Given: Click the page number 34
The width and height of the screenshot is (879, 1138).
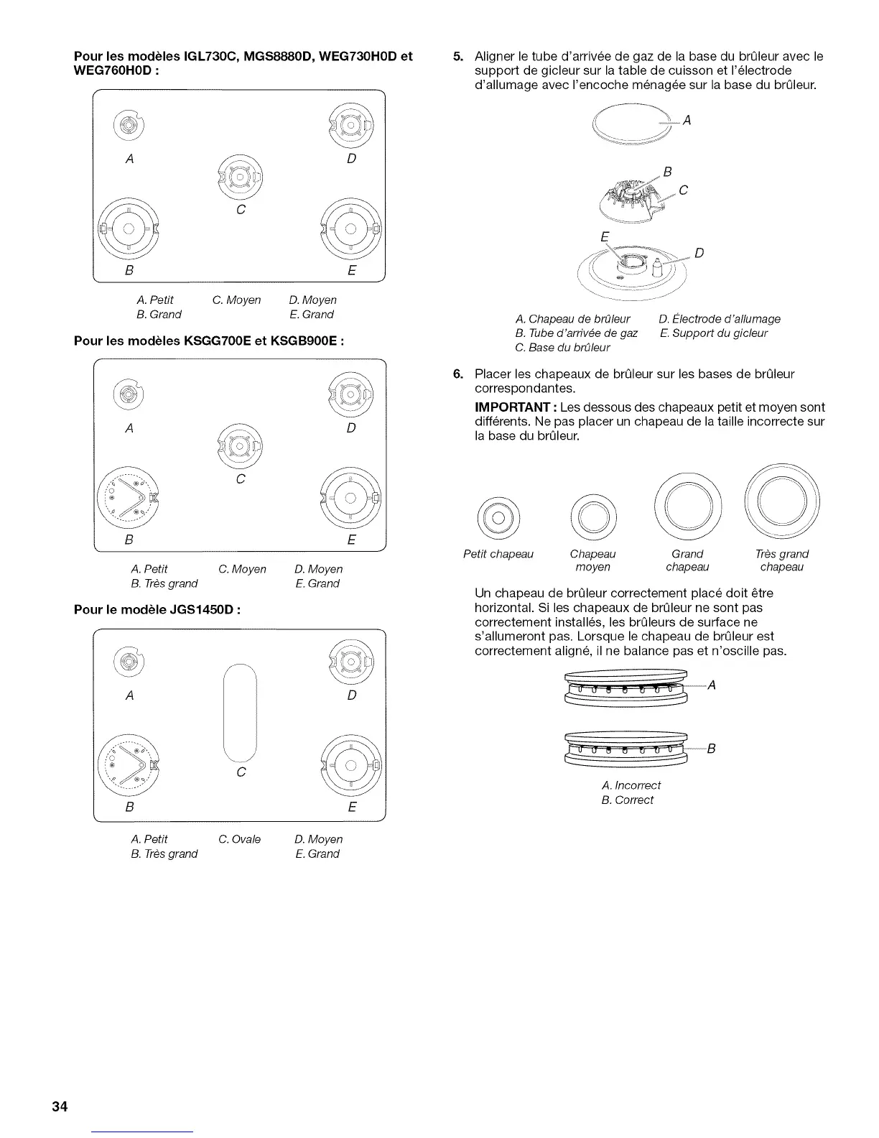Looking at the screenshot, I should (60, 1106).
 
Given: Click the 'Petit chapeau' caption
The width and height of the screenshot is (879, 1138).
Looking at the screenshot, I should (498, 554).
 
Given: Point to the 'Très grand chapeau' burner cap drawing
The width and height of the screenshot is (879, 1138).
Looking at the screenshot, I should (782, 498).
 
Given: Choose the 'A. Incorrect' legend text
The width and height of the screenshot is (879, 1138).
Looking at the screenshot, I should (631, 785).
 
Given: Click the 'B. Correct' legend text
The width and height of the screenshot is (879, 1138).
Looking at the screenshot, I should (628, 800).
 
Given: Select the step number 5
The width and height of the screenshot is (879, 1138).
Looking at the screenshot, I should (458, 57).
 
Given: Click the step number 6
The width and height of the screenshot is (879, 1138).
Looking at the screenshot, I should (458, 374).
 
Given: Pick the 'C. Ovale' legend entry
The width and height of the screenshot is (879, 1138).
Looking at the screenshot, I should (240, 839).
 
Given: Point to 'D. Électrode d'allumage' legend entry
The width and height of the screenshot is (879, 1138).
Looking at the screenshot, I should (719, 319).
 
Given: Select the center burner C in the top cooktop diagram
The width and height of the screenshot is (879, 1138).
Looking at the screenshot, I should (240, 177).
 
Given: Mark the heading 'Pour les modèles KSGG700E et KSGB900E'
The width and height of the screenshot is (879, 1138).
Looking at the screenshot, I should (209, 341).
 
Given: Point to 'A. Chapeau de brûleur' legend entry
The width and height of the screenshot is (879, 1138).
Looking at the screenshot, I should (572, 319).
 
